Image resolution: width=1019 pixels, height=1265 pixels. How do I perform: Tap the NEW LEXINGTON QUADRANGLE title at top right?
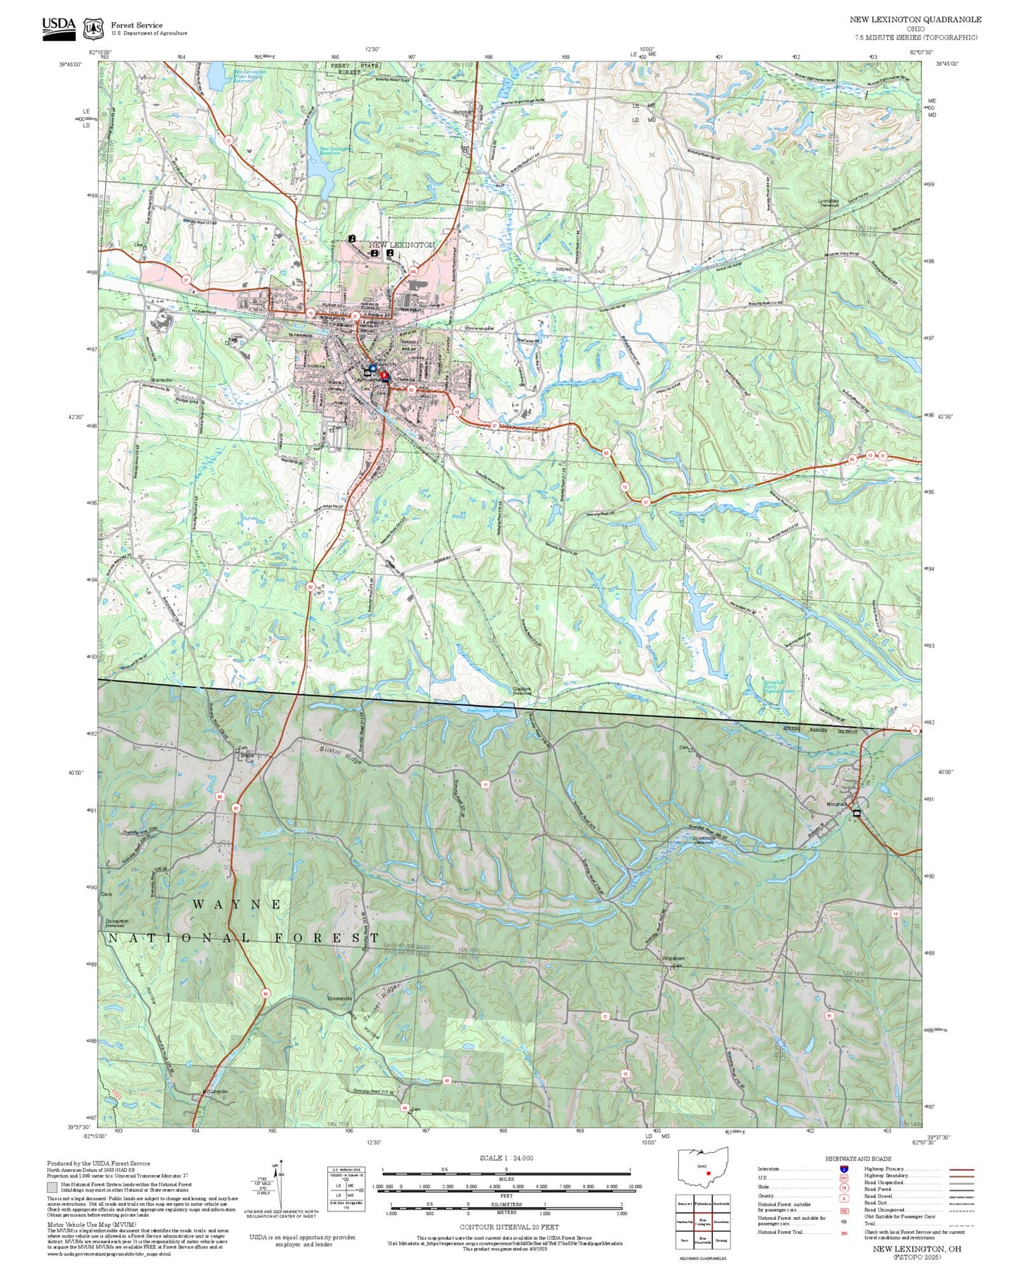coord(915,19)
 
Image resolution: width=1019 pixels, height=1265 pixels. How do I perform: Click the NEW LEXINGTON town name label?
coord(402,245)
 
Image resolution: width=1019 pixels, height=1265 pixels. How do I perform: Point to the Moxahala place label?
coord(837,804)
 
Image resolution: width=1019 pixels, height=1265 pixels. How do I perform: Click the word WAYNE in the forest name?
coord(237,903)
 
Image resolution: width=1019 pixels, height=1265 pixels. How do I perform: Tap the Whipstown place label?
coord(673,958)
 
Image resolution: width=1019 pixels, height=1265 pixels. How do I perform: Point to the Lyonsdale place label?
coord(829,201)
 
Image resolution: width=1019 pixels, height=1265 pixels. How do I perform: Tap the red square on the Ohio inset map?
coord(707,1173)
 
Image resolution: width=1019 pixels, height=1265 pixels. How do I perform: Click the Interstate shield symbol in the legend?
coord(844,1168)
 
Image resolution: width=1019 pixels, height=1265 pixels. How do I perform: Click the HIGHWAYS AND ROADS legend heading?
coord(858,1159)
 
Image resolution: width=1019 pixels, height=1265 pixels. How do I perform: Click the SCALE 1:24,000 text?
coord(506,1158)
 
